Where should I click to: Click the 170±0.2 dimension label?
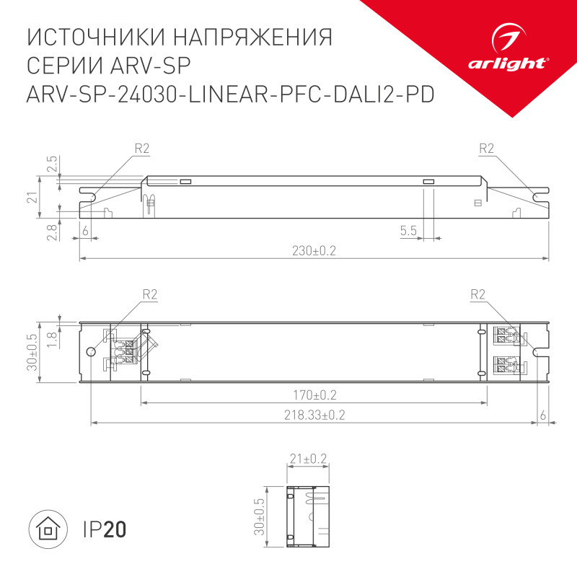(x=314, y=395)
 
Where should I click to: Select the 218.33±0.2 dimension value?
(x=314, y=415)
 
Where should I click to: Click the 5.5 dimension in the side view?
(x=408, y=231)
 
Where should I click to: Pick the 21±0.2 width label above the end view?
(x=308, y=458)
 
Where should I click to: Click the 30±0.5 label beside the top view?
(x=31, y=352)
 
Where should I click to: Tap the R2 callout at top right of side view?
(x=486, y=149)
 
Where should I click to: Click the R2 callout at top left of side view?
(x=141, y=149)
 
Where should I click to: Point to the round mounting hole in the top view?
(x=91, y=352)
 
